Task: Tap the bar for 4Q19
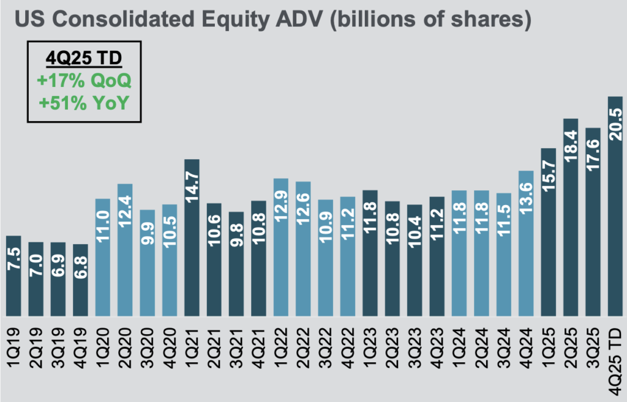coord(80,280)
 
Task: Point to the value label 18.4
coord(571,145)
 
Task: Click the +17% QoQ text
coord(84,81)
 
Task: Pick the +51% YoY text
coord(84,103)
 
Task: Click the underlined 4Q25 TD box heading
coord(84,59)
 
